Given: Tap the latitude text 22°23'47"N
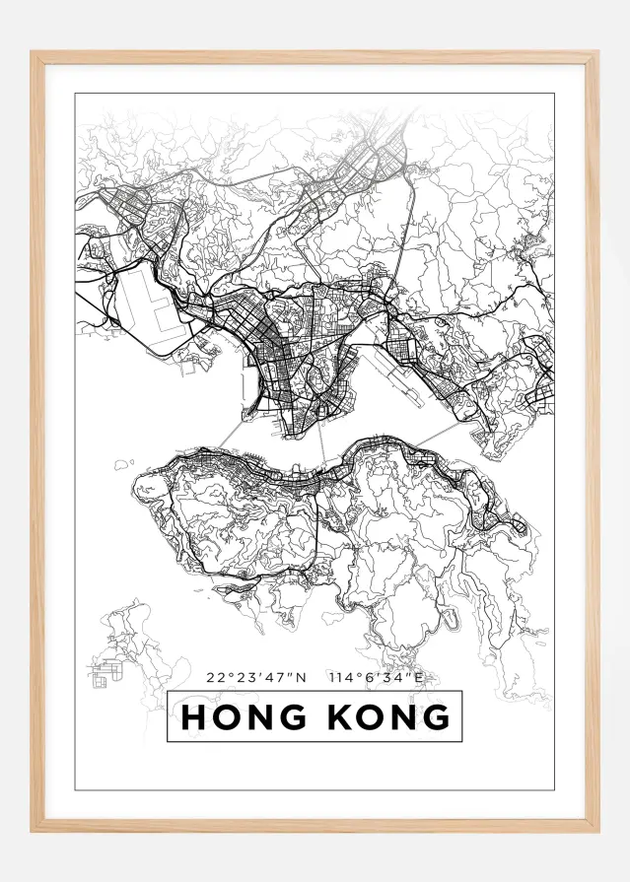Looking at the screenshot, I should (257, 677).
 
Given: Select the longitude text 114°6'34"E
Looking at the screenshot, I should (380, 677).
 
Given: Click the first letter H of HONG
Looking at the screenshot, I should (194, 716).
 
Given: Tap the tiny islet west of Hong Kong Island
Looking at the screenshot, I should (123, 462).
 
